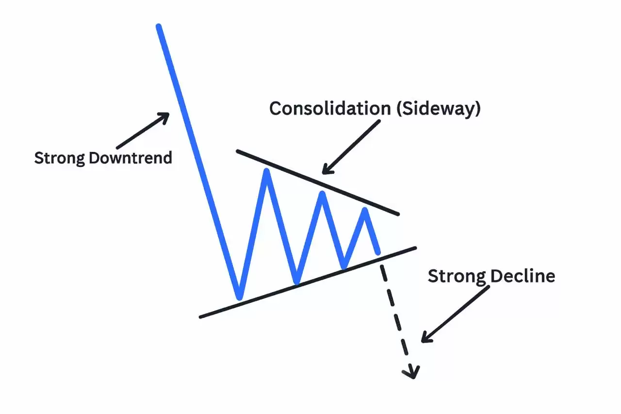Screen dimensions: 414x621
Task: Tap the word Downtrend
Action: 131,158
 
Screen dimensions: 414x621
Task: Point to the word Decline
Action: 523,276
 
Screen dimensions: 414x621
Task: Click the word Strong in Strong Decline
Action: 457,276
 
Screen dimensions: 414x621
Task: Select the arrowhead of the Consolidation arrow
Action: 326,170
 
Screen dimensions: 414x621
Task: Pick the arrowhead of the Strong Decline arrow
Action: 425,338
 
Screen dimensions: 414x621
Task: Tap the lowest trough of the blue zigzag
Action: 239,297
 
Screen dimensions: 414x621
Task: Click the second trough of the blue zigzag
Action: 296,282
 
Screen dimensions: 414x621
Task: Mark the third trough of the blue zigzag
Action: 343,266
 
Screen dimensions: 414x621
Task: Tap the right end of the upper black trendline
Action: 398,214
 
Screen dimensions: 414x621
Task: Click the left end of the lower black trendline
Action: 201,317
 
